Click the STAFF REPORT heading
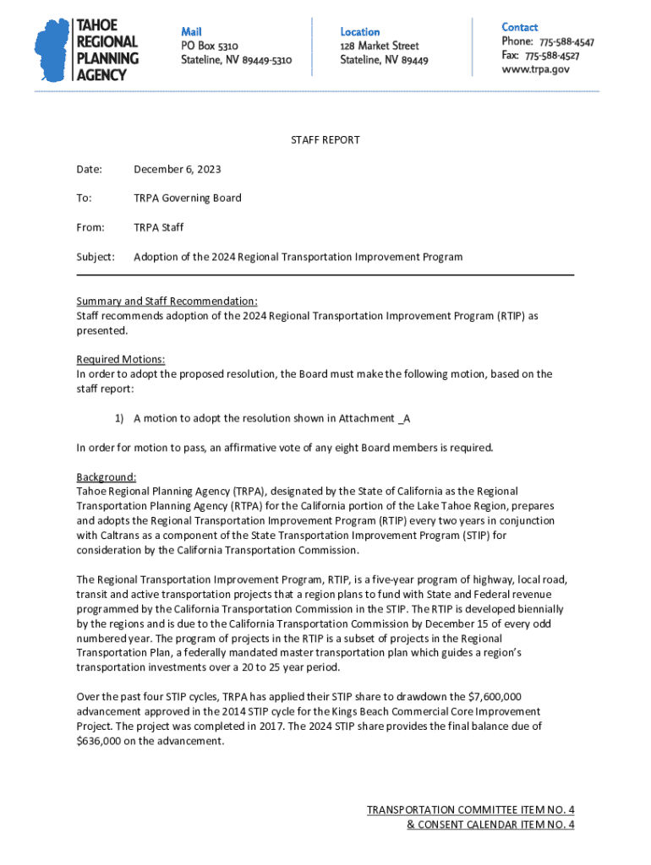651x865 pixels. click(325, 139)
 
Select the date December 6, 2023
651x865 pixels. click(178, 169)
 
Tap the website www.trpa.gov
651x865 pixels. click(535, 69)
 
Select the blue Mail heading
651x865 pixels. click(192, 31)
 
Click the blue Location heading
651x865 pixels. click(359, 31)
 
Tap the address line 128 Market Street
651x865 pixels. click(379, 46)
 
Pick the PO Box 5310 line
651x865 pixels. click(210, 46)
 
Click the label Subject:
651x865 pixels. click(96, 256)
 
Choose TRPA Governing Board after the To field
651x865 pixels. click(187, 198)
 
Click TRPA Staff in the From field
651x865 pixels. click(158, 227)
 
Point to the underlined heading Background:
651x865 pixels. click(106, 476)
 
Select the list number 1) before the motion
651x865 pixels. click(119, 418)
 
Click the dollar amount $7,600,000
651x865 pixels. click(494, 697)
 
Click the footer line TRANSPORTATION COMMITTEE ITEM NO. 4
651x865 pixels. click(470, 810)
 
